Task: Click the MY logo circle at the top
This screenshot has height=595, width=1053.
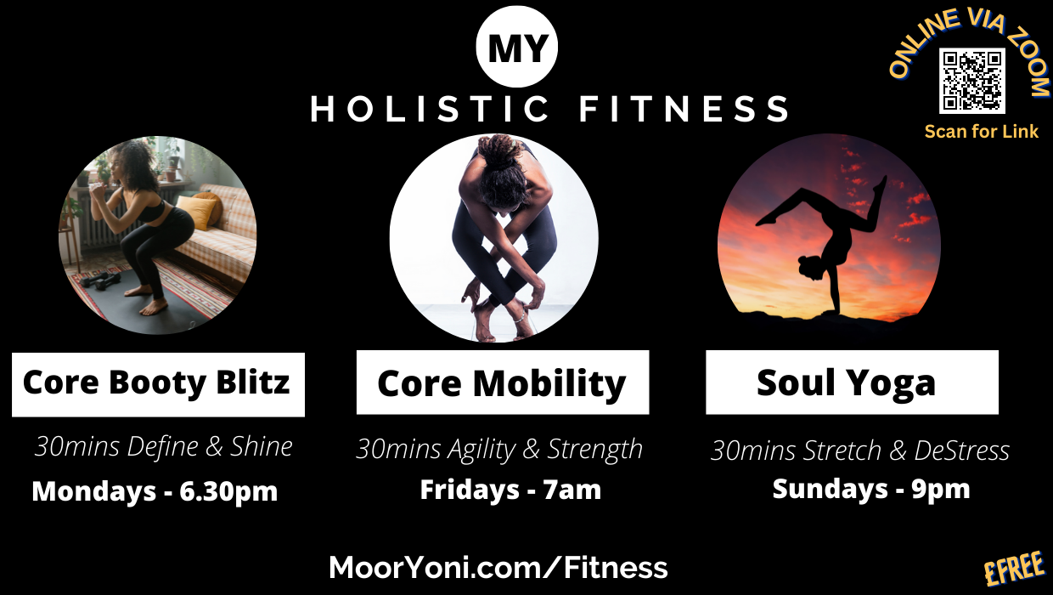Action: [516, 47]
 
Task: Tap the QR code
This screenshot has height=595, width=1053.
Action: [971, 81]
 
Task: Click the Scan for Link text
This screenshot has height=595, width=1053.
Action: [981, 132]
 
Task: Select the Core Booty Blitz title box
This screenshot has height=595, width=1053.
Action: [158, 384]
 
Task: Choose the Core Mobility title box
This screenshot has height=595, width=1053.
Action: [503, 382]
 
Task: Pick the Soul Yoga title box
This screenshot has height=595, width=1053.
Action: [852, 382]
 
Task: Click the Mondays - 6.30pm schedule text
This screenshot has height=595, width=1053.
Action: [155, 491]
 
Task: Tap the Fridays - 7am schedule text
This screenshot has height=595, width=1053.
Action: [510, 490]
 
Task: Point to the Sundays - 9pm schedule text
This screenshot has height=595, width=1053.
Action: [871, 489]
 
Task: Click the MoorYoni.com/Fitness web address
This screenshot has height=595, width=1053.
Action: [498, 567]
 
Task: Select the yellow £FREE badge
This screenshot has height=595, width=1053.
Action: [1015, 569]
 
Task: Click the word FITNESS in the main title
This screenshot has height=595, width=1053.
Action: [684, 109]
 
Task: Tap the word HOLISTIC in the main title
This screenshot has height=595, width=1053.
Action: [429, 109]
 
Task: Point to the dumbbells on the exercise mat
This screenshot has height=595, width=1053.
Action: [99, 280]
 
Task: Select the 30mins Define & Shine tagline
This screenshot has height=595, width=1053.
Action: [164, 446]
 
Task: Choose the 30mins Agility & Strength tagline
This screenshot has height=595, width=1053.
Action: [499, 449]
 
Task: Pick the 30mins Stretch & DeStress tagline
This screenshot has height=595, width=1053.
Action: [859, 450]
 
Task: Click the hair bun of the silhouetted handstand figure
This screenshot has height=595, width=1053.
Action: [802, 259]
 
